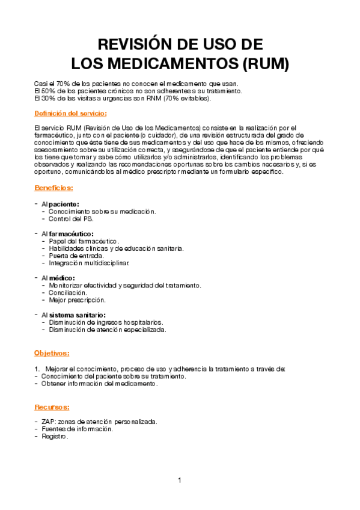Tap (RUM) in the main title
[263, 63]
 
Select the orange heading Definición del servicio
[71, 113]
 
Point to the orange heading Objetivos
[52, 352]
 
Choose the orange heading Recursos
[52, 407]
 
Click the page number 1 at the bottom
[179, 480]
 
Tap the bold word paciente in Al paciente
[64, 204]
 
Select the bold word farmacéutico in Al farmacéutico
[72, 233]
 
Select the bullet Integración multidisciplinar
[88, 263]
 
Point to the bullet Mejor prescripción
[77, 300]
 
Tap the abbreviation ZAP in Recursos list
[47, 422]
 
